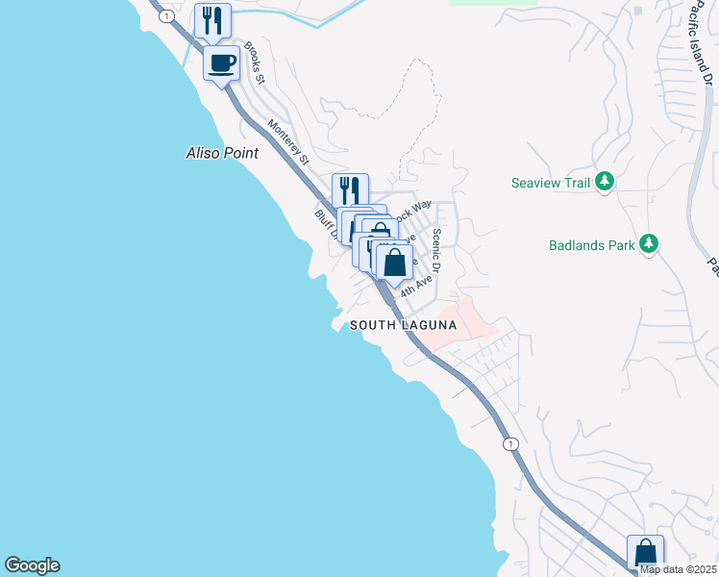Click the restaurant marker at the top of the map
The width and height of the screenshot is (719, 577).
(x=212, y=20)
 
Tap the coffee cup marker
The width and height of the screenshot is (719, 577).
(x=222, y=63)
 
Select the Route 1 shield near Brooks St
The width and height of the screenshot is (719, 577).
(x=167, y=16)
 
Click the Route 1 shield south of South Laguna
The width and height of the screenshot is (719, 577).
(x=510, y=443)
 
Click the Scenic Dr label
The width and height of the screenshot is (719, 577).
(x=437, y=249)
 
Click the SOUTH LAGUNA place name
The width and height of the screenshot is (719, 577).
(x=403, y=325)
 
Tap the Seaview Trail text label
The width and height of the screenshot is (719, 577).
(x=551, y=181)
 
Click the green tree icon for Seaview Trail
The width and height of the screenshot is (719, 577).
(x=605, y=181)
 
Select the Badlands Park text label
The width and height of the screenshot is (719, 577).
(x=591, y=244)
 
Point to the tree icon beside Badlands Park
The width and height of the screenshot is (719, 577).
(x=651, y=244)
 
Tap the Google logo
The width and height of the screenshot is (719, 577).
(x=32, y=565)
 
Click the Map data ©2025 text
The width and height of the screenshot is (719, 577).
(x=678, y=569)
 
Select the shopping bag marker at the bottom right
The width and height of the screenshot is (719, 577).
(x=645, y=553)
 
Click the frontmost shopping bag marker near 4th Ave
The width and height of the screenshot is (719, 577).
(x=393, y=262)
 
